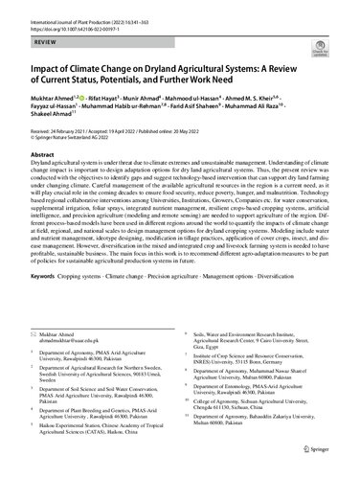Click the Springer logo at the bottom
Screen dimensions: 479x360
click(x=324, y=460)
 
